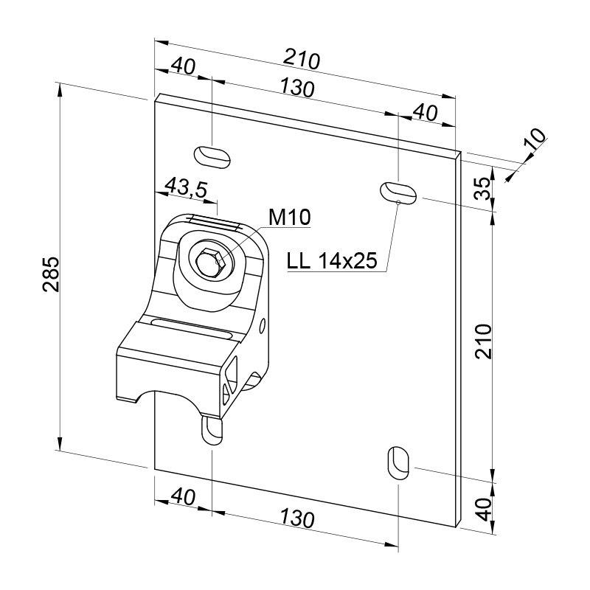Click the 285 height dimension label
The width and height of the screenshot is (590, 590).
(x=51, y=274)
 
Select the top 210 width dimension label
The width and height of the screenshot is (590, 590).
(x=302, y=60)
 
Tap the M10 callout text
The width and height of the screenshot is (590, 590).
(x=290, y=217)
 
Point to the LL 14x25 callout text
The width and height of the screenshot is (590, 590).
(x=332, y=260)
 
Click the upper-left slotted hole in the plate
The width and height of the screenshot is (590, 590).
(x=212, y=156)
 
